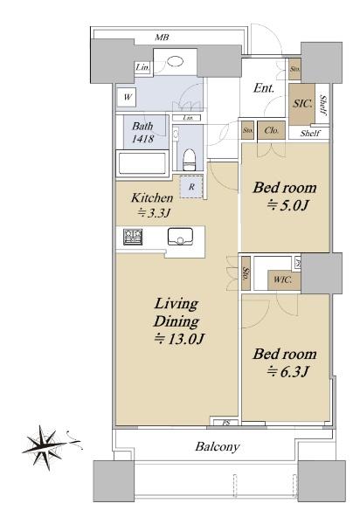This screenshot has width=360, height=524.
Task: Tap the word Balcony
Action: coord(217,446)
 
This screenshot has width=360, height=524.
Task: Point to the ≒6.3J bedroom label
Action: coord(285,362)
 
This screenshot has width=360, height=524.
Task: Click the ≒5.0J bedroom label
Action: coord(285,196)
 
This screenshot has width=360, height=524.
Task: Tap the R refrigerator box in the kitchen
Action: coord(190,186)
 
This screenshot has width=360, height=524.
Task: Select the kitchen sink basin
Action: coord(180,236)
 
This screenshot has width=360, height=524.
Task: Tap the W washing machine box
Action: coord(128,97)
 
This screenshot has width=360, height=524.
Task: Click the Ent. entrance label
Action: coord(264,88)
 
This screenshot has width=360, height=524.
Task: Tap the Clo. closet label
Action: coord(270,132)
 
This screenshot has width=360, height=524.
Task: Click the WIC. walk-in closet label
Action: coord(282,279)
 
